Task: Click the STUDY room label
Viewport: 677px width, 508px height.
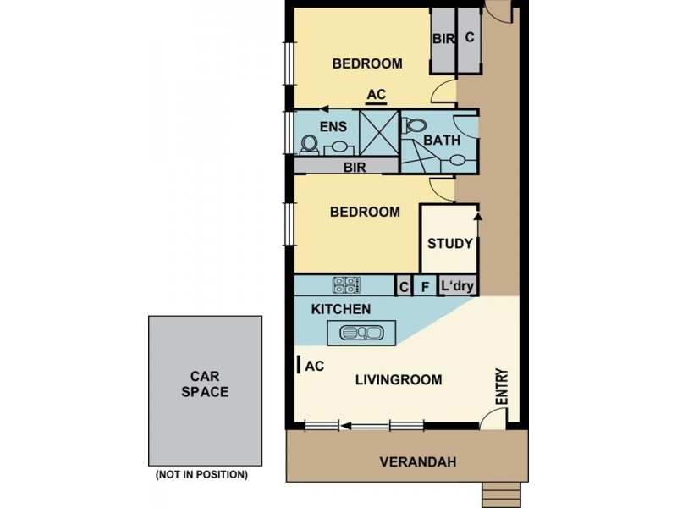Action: pos(449,244)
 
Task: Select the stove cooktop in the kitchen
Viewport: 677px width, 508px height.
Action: pos(345,285)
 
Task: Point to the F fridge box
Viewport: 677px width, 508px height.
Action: pos(426,288)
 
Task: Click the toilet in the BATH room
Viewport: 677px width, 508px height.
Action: pos(414,126)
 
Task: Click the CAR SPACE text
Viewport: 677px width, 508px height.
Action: pos(208,384)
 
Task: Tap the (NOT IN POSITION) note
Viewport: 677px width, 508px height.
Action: pos(201,474)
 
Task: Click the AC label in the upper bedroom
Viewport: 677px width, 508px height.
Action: pos(377,95)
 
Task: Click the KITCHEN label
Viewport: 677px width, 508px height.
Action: pos(340,310)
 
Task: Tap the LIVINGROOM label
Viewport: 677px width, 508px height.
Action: pos(397,380)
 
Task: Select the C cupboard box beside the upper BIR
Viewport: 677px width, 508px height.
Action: pos(469,40)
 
